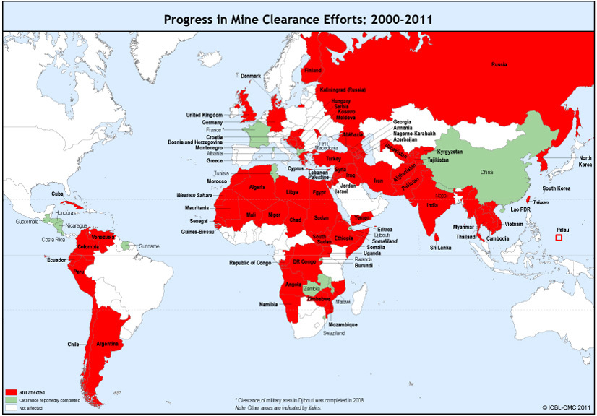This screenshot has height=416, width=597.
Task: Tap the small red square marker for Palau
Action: [559, 237]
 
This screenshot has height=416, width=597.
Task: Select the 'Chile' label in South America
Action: [74, 343]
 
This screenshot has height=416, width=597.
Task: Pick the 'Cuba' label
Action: [59, 194]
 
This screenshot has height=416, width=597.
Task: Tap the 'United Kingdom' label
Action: [204, 115]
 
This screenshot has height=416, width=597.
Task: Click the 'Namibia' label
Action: [269, 304]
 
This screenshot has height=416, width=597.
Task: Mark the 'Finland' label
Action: [312, 71]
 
